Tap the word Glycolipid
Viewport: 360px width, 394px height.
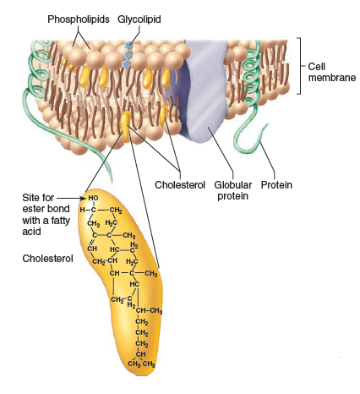140,18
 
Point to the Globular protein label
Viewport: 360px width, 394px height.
229,189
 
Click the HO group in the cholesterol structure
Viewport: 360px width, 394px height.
93,197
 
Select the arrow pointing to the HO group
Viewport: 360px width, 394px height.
71,197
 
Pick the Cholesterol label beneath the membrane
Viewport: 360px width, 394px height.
181,183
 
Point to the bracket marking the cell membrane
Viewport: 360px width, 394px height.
299,65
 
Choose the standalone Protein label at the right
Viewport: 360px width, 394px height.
276,183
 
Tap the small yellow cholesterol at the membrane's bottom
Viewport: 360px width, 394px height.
125,122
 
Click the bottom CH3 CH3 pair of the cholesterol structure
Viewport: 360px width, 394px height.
143,364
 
